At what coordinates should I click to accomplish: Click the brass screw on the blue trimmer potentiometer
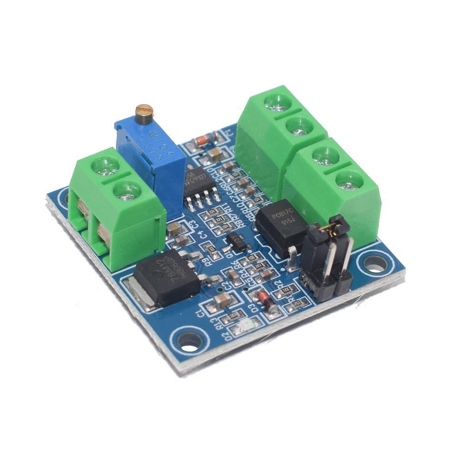point(143,112)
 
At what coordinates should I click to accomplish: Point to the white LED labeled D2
point(245,327)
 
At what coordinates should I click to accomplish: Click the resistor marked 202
point(259,266)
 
